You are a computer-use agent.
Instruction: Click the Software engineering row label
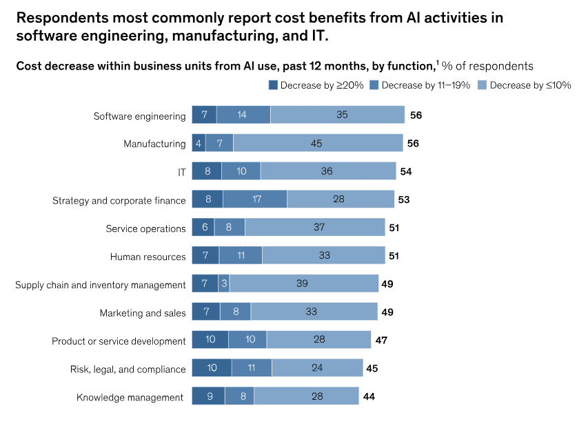(139, 116)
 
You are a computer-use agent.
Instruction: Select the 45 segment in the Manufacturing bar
(317, 143)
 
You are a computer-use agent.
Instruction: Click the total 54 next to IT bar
(406, 171)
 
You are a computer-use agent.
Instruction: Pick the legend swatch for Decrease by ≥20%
(273, 85)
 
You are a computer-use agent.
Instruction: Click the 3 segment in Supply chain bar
(225, 284)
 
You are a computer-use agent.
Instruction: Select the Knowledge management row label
(130, 397)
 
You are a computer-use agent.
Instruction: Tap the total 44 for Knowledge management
(369, 396)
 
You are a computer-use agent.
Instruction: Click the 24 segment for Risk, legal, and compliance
(317, 368)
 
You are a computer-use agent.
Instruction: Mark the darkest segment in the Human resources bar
(205, 256)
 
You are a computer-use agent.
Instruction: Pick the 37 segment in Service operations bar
(314, 228)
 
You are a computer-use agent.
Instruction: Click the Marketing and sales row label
(143, 313)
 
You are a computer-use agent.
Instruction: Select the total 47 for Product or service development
(381, 341)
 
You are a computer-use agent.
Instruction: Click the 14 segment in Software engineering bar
(243, 115)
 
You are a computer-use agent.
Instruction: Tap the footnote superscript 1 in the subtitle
(436, 63)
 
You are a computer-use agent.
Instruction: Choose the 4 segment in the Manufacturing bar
(199, 143)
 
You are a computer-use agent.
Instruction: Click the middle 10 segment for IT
(241, 171)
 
